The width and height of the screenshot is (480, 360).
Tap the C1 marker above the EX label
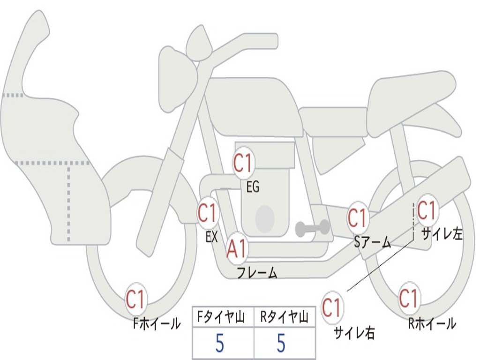tap(208, 213)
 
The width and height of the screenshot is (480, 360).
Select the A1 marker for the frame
tap(237, 249)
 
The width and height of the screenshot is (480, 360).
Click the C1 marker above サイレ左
tap(427, 210)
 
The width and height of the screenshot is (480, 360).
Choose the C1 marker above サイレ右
tap(332, 308)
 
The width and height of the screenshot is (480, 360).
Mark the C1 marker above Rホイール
tap(409, 298)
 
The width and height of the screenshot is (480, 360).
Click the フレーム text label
tap(257, 273)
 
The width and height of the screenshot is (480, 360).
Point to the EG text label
tap(253, 187)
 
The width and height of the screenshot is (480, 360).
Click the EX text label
tap(211, 237)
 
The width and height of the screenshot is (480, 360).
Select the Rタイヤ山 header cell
tap(285, 318)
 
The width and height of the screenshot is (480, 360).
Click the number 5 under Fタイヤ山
tap(219, 344)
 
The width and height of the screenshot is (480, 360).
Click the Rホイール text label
tap(432, 323)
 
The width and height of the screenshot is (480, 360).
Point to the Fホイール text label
tap(156, 323)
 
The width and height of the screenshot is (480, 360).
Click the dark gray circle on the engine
tap(265, 218)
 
